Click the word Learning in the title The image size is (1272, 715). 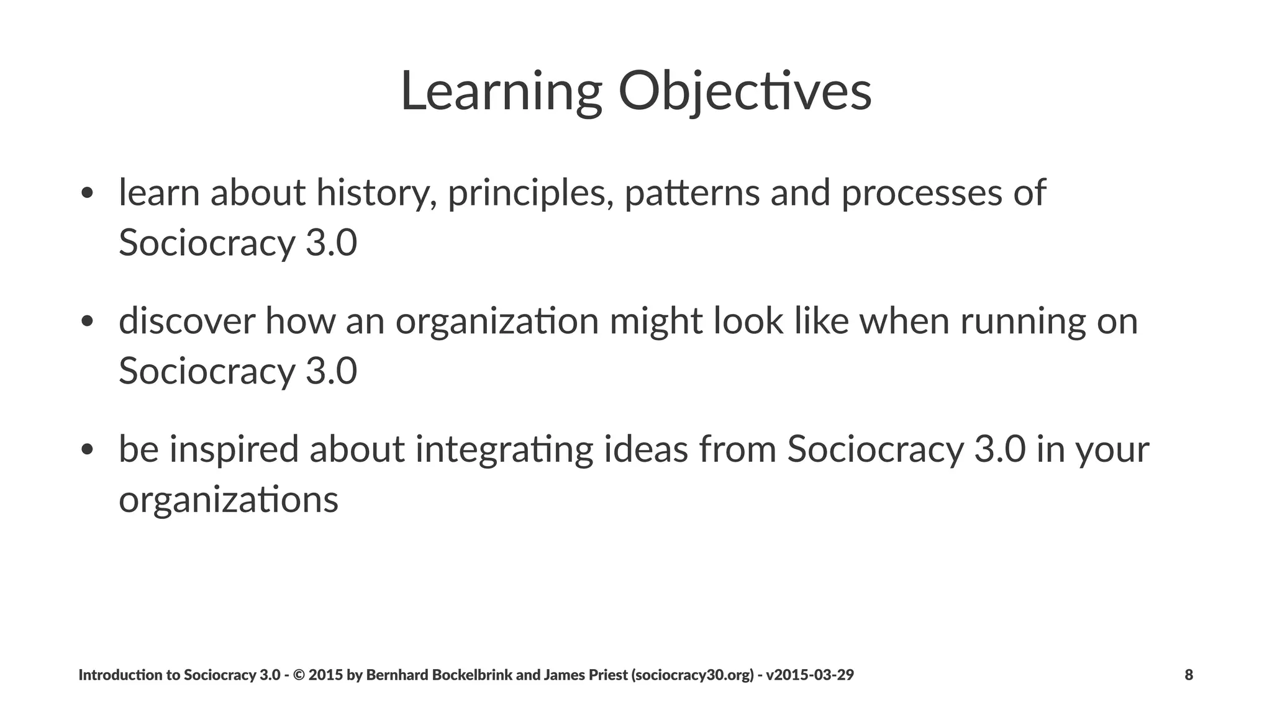pyautogui.click(x=501, y=92)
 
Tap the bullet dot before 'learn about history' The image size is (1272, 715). pyautogui.click(x=87, y=193)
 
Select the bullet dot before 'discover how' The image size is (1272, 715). pyautogui.click(x=87, y=322)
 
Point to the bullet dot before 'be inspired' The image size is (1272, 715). pyautogui.click(x=87, y=449)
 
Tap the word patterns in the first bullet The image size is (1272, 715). pyautogui.click(x=692, y=194)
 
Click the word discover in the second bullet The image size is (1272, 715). pyautogui.click(x=186, y=322)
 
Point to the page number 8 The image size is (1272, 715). pyautogui.click(x=1189, y=675)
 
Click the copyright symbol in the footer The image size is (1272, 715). pyautogui.click(x=298, y=675)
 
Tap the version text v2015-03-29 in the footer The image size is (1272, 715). pyautogui.click(x=810, y=675)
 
